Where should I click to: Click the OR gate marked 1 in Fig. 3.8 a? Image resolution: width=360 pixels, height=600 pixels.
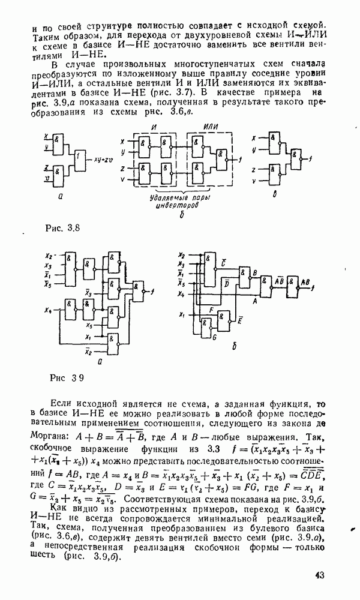point(80,159)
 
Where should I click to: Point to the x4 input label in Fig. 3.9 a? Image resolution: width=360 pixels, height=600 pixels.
point(49,310)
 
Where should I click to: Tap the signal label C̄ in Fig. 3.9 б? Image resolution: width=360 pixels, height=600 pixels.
point(223,262)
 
